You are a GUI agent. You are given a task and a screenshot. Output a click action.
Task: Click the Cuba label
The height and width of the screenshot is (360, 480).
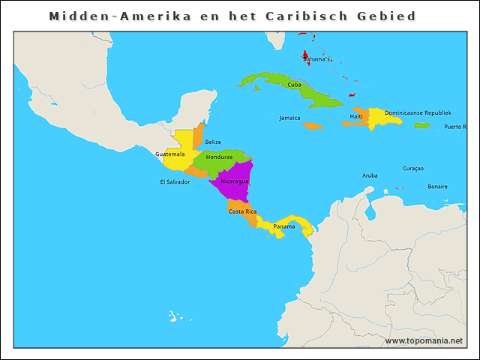point(295,85)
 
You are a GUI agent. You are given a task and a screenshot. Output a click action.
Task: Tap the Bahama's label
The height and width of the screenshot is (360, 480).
point(316,59)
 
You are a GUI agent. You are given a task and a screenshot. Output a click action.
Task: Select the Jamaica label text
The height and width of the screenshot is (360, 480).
point(289,118)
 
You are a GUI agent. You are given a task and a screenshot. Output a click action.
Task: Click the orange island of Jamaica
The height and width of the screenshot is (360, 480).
point(313,126)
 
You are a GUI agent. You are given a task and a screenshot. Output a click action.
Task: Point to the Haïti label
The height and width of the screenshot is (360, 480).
point(355,116)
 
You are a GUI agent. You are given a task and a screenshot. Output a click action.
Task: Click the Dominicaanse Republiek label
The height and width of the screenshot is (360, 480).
point(418,112)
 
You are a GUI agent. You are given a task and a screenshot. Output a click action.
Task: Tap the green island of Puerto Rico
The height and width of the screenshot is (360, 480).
point(421,125)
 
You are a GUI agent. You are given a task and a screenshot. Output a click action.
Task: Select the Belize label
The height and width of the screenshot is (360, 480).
point(213,142)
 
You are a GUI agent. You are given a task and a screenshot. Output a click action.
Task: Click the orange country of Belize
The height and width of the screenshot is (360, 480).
point(198,137)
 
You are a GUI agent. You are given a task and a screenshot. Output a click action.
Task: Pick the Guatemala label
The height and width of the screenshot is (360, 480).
point(170,154)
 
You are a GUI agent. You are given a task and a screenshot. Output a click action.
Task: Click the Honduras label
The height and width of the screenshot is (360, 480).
point(219,157)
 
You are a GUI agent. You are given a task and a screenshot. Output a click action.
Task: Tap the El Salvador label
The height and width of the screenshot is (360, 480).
point(175,181)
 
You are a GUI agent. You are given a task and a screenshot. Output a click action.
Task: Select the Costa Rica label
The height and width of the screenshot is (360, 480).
point(242,211)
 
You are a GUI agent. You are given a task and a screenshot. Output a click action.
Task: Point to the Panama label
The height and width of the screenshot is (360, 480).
point(283,226)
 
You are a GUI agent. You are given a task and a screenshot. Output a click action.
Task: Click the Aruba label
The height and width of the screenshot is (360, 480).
point(370,175)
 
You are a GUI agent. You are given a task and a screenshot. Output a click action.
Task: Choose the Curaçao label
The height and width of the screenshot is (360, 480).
point(413,168)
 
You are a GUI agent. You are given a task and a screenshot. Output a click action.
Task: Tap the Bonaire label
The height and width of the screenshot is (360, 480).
point(437,186)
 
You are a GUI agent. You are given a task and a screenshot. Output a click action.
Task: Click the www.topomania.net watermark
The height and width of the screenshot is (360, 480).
point(424,340)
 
